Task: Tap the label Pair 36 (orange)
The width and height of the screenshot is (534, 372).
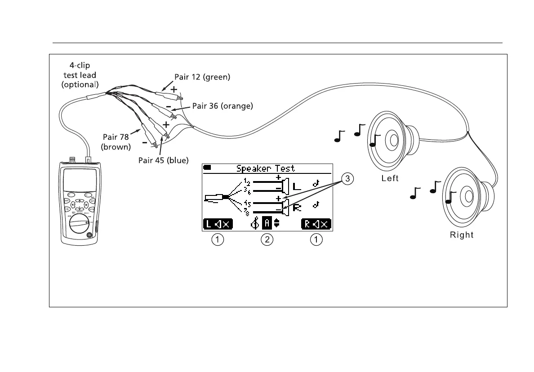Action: [x=222, y=106]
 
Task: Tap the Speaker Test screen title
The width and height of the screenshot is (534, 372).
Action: [x=266, y=168]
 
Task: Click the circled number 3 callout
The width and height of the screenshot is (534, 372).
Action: [x=347, y=179]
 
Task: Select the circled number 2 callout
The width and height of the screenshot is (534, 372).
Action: [x=267, y=240]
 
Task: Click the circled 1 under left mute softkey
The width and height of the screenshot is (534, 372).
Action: [x=217, y=240]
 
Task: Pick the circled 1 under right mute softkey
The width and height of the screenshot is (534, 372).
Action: [x=317, y=240]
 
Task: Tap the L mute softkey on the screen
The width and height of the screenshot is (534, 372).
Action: [x=218, y=224]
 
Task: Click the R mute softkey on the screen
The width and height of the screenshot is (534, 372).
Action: [x=316, y=224]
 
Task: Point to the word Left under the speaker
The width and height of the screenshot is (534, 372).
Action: [x=390, y=178]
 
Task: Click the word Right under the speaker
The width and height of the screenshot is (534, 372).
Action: [x=462, y=235]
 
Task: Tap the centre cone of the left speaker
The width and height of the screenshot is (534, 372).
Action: [x=393, y=140]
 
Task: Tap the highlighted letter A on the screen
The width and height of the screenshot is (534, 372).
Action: [x=267, y=224]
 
